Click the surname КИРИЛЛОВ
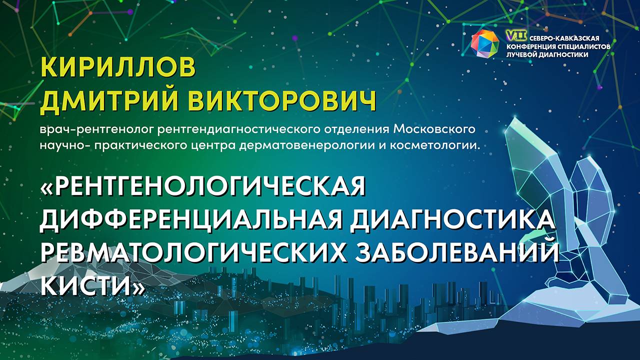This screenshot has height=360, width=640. click(x=118, y=67)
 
